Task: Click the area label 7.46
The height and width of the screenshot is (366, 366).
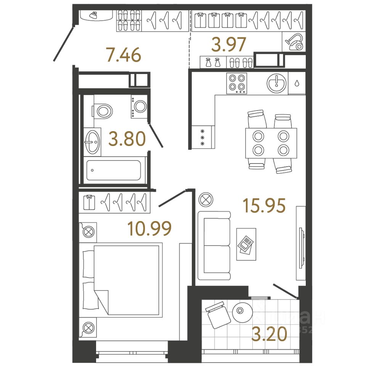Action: [x=124, y=56]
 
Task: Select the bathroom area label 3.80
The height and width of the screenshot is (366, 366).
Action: [x=127, y=139]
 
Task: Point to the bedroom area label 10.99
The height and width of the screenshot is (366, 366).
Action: [x=150, y=229]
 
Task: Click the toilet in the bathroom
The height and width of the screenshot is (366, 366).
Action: [x=103, y=111]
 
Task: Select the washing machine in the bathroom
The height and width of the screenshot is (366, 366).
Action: [x=140, y=106]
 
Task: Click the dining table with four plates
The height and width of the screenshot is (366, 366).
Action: [x=271, y=143]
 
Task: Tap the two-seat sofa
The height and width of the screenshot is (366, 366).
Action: [x=214, y=246]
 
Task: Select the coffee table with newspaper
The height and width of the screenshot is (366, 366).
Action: [x=246, y=244]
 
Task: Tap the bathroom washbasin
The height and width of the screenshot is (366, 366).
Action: [x=92, y=142]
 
